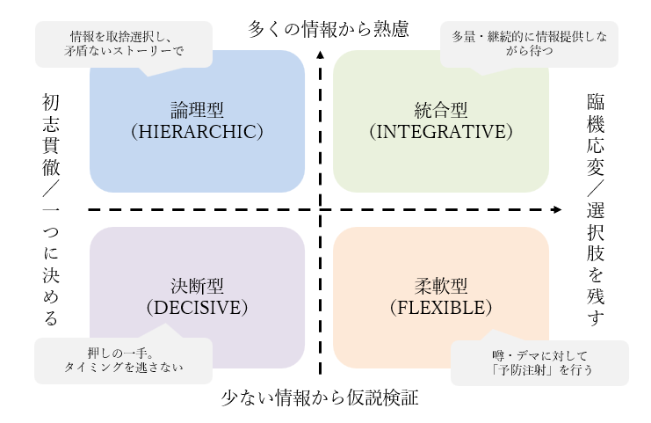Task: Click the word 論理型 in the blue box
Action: (197, 112)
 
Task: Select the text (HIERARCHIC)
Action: (197, 132)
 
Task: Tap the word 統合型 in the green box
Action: (440, 112)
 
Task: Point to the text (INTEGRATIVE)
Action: (440, 132)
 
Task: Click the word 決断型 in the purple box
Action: (197, 288)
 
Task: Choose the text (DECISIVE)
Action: (197, 308)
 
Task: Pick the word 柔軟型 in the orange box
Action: (440, 288)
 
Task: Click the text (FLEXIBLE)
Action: (440, 308)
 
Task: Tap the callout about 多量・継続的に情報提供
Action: (528, 44)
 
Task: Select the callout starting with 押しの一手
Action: (123, 360)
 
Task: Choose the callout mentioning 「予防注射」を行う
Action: (539, 362)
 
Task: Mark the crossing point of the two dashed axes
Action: (320, 209)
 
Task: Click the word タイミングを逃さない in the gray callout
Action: (123, 368)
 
